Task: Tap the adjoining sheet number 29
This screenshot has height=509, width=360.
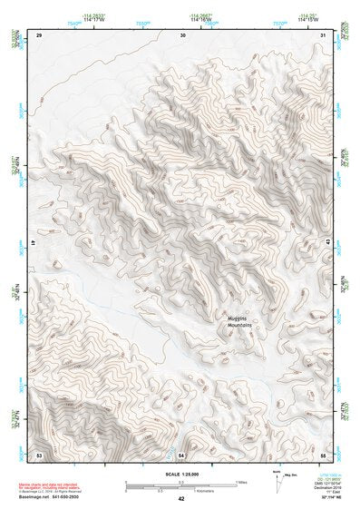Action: click(40, 34)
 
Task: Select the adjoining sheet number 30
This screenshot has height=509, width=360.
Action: click(182, 34)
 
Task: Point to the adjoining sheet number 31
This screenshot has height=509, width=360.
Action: click(324, 34)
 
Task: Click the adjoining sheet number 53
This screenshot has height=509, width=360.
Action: click(39, 453)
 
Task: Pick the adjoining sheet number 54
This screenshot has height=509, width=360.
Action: click(181, 453)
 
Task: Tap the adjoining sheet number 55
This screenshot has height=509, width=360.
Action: click(324, 453)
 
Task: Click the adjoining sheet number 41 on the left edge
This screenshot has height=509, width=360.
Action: click(32, 243)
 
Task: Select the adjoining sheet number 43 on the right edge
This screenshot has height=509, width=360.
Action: click(329, 243)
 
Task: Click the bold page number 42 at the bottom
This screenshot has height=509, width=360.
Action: click(181, 499)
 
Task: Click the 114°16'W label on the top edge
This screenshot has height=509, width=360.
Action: click(201, 20)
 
